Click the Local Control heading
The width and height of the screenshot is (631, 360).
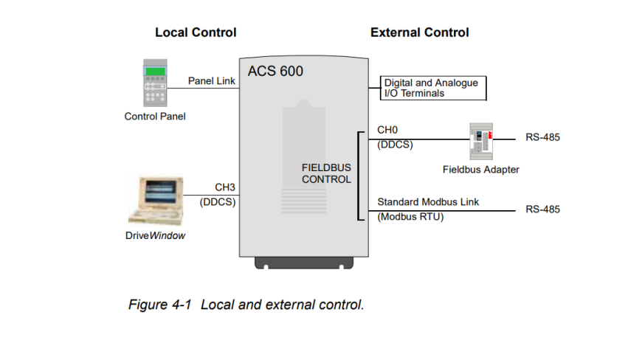196,32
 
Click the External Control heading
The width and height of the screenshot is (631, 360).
419,32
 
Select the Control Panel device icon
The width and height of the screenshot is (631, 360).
155,86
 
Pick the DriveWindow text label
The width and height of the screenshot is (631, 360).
155,236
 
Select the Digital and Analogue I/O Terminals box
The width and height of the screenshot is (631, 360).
435,89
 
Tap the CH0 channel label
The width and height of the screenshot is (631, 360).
387,130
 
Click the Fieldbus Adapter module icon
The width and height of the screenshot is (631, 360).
483,140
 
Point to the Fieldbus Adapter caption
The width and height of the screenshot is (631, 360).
480,170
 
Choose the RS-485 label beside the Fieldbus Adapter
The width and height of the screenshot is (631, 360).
542,138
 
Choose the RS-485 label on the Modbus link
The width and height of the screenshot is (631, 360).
542,210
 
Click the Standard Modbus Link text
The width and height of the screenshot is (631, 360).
428,201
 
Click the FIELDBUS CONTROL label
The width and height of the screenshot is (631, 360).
326,174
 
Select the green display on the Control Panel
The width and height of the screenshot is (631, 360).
155,72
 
